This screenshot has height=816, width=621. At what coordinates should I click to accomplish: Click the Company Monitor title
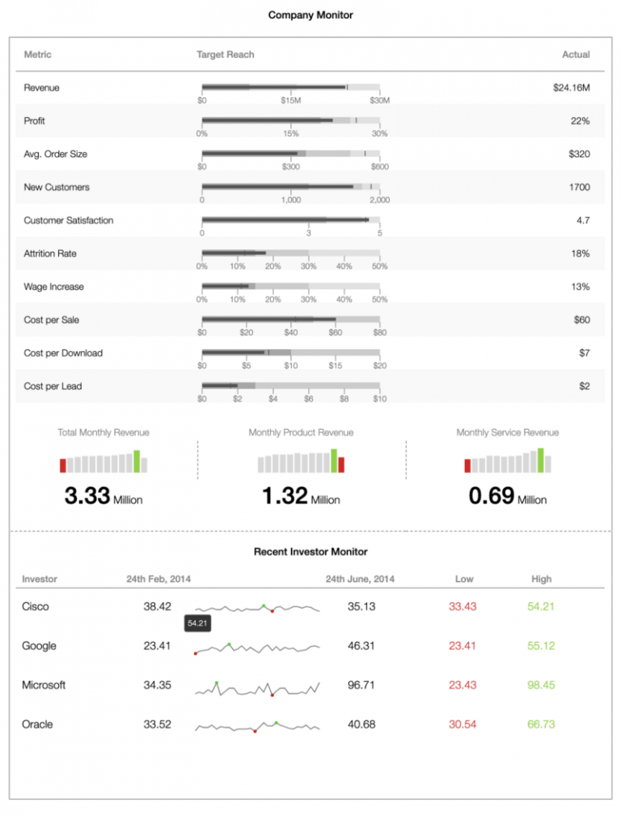pos(310,15)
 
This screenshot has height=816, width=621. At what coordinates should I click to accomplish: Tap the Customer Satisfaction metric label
pos(69,220)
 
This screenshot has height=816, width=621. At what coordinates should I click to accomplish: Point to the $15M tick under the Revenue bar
pos(291,100)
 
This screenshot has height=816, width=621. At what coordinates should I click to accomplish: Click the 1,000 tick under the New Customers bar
pos(291,200)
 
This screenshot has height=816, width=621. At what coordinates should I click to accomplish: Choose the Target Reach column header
pos(226,54)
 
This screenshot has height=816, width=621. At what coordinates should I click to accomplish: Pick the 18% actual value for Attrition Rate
pos(579,253)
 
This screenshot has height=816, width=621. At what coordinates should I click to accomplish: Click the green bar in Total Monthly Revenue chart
pos(137,461)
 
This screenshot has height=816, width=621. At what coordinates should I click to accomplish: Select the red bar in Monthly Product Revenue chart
pos(341,464)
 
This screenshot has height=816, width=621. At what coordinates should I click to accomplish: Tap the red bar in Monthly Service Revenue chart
pos(467,465)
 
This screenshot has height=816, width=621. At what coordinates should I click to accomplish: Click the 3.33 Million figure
pos(103,497)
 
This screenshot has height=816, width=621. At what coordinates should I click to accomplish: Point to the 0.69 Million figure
pos(507,497)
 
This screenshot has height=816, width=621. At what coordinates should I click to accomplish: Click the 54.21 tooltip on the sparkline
pos(198,623)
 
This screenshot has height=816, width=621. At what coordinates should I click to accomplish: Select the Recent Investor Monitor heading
pos(310,551)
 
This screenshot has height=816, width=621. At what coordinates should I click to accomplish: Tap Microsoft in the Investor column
pos(44,685)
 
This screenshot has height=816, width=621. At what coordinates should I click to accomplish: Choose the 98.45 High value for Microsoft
pos(541,685)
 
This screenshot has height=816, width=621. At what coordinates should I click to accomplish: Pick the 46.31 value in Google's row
pos(361,646)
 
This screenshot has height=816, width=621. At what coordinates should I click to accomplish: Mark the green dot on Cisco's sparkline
pos(264,606)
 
